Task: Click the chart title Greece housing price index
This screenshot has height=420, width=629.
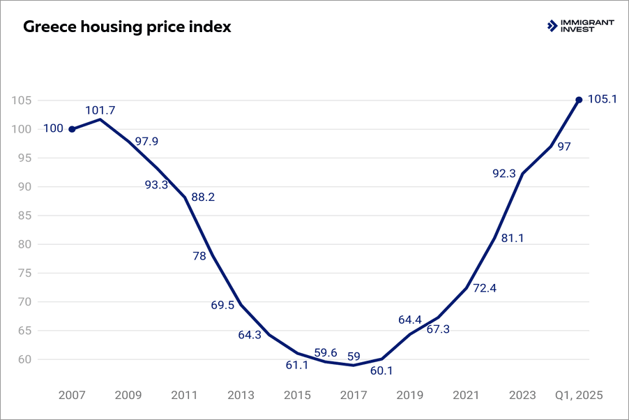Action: [128, 28]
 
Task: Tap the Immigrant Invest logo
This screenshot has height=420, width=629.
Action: [581, 27]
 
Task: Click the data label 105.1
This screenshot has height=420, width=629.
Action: [603, 99]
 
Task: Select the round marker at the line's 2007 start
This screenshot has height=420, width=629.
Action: [72, 129]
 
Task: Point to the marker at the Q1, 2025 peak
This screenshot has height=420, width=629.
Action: [579, 100]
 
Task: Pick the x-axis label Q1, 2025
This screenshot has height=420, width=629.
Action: [579, 394]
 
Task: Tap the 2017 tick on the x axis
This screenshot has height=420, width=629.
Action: [354, 394]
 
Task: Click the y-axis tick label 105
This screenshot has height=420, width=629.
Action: [22, 100]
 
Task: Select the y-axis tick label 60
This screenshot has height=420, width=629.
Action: [24, 359]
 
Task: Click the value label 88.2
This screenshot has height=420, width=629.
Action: [202, 197]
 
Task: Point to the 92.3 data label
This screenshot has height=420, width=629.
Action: [503, 174]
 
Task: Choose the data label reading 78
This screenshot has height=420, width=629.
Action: [199, 256]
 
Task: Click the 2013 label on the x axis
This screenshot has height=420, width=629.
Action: [241, 394]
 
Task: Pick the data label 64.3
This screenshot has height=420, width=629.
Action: [250, 335]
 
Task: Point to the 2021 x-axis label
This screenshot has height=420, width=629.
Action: [466, 394]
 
